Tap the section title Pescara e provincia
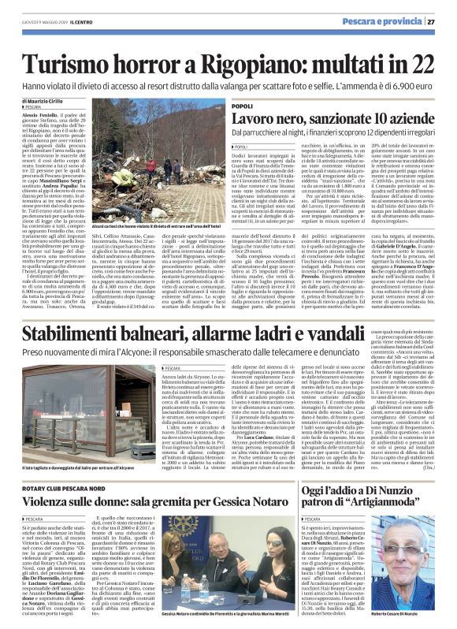pyautogui.click(x=386, y=20)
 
